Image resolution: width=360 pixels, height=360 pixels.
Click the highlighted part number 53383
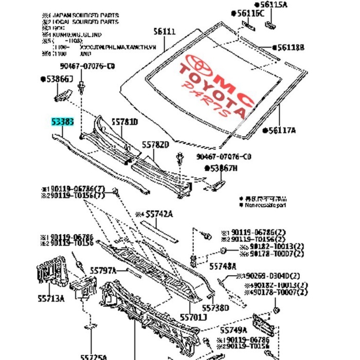click(x=63, y=122)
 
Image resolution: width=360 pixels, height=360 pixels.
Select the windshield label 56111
click(x=165, y=31)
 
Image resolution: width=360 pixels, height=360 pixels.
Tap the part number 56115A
click(x=277, y=5)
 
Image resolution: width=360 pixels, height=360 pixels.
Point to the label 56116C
click(x=249, y=13)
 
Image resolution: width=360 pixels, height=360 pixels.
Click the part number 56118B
click(x=291, y=47)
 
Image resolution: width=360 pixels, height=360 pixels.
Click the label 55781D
click(x=126, y=122)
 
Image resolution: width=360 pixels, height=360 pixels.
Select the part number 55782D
click(x=155, y=146)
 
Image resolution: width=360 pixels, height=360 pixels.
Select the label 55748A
click(x=223, y=266)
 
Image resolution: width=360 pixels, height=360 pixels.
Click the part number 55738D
click(x=215, y=308)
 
